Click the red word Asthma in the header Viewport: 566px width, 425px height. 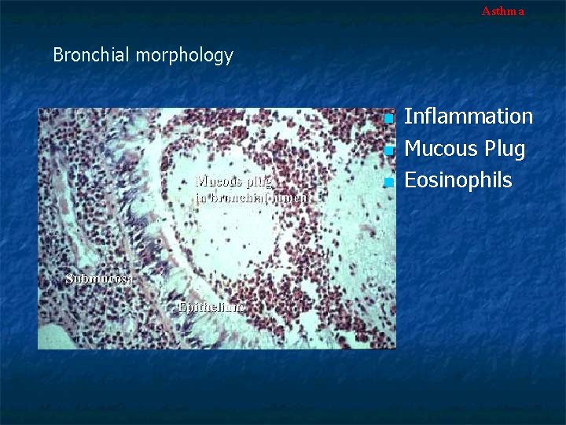click(502, 11)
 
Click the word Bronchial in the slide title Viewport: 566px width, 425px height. click(92, 55)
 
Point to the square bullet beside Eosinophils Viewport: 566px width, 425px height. click(388, 183)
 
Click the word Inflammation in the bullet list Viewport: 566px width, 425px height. click(468, 116)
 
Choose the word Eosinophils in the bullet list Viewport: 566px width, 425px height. click(458, 180)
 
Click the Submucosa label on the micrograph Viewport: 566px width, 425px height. click(101, 279)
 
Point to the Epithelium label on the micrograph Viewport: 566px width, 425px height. click(211, 307)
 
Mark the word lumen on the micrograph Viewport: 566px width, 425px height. click(289, 198)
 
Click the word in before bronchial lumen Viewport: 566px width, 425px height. click(200, 198)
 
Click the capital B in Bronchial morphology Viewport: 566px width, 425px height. click(58, 55)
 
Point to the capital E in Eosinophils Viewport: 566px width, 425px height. click(409, 180)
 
